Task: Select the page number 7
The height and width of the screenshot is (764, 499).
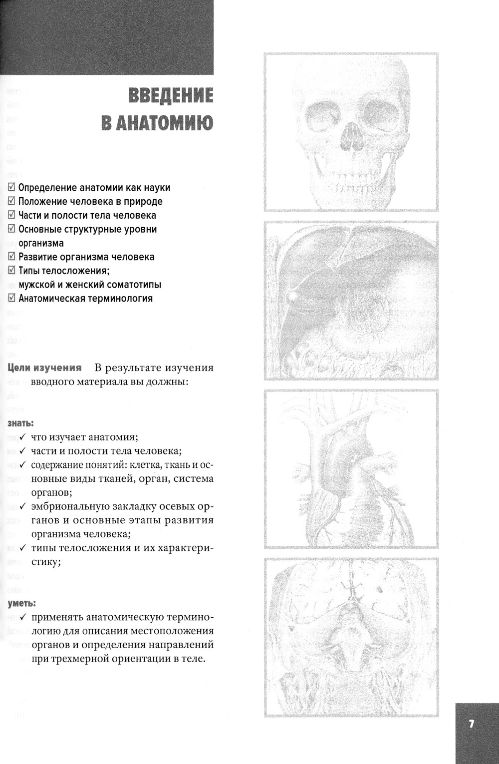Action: pos(472,724)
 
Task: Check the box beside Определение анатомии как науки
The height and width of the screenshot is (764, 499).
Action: pos(12,188)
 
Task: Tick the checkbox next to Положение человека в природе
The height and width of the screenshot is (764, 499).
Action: pos(12,201)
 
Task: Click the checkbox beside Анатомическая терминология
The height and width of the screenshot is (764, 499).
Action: pos(12,299)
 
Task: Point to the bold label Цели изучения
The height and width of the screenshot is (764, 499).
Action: pos(44,368)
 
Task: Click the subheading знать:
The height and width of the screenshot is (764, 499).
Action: pos(21,423)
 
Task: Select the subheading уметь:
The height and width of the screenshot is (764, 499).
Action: pos(22,603)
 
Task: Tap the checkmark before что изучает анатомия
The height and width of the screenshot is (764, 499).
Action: pos(23,437)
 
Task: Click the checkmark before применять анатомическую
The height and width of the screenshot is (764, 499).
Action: pos(23,617)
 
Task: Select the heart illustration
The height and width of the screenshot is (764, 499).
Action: pos(351,469)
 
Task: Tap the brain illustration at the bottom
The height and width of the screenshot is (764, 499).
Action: pos(351,638)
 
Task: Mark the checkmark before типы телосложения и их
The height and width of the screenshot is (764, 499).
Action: pos(23,548)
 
